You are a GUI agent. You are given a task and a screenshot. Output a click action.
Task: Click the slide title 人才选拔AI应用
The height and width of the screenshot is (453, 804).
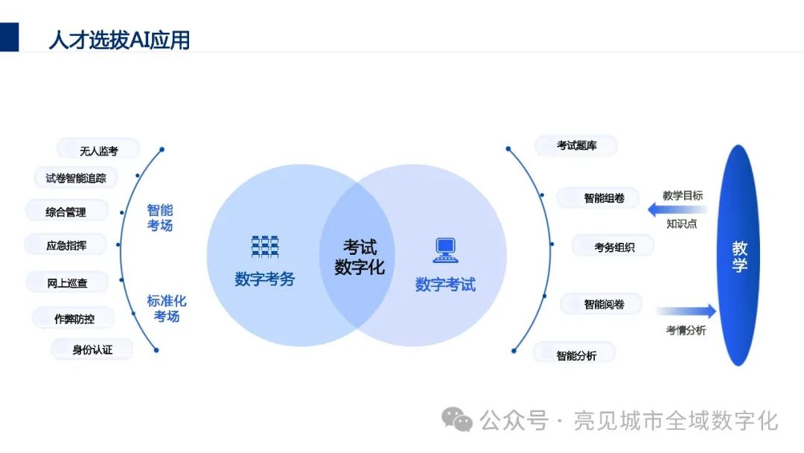[119, 39]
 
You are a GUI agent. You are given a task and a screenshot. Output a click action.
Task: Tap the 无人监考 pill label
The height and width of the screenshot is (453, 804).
[98, 151]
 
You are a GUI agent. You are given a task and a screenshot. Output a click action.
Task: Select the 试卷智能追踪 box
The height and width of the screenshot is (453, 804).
[76, 178]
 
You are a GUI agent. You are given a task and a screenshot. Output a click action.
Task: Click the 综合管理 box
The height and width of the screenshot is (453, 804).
[66, 212]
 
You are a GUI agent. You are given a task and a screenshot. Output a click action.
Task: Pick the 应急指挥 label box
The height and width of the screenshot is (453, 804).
[66, 245]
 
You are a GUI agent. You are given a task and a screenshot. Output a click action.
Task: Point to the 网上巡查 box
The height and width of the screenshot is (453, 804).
[67, 283]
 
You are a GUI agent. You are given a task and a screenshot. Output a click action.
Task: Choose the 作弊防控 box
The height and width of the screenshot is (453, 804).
[74, 319]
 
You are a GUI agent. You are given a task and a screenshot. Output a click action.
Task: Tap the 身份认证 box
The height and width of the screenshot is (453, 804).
[92, 349]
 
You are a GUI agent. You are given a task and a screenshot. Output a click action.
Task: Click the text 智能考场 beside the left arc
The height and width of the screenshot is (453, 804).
[159, 218]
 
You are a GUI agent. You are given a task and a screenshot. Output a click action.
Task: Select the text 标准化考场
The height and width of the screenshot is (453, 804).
[167, 308]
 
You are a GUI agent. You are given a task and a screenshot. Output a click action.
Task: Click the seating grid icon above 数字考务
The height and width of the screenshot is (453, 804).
[264, 247]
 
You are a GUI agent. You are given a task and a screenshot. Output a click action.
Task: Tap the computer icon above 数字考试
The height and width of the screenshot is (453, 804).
[445, 250]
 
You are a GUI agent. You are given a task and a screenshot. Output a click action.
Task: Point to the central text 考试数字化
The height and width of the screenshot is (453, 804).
[360, 257]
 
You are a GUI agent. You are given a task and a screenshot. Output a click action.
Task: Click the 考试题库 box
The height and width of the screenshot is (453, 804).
[576, 146]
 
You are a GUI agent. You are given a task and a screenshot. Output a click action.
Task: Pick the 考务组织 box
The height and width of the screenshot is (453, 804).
[613, 247]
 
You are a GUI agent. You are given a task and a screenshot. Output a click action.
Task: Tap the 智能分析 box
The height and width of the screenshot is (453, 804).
[575, 355]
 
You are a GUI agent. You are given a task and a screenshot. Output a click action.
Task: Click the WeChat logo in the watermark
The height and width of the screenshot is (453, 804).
[457, 420]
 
